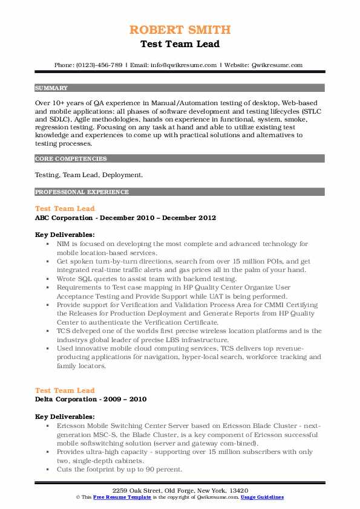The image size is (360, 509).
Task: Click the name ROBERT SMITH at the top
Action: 180,30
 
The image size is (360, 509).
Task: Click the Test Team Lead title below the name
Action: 180,44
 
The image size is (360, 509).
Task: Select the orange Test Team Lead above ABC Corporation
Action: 65,209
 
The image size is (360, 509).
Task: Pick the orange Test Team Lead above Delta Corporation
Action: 65,391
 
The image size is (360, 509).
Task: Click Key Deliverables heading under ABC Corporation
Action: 64,235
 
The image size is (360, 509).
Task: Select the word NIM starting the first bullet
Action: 64,244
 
